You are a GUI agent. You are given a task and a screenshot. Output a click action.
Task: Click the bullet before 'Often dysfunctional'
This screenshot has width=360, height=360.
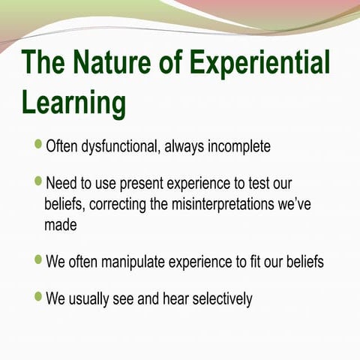point(38,143)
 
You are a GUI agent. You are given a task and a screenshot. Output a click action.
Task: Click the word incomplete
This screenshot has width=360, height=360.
point(237,145)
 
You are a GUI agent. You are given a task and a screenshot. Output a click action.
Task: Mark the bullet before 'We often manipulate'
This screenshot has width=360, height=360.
point(38,260)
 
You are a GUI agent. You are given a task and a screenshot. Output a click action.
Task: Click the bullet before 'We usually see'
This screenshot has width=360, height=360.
point(38,297)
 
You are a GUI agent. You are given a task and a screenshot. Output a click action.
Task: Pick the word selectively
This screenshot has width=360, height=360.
point(222,299)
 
